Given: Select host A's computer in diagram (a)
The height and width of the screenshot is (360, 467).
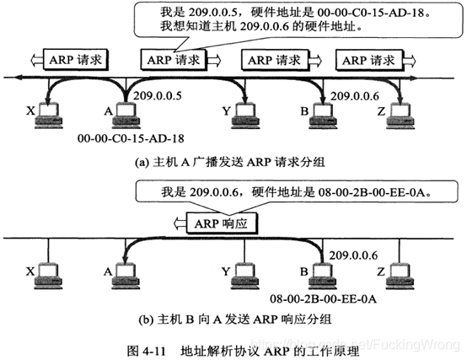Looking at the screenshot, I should point(126,115).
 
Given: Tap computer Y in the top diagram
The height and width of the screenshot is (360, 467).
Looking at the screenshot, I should point(246,115).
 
